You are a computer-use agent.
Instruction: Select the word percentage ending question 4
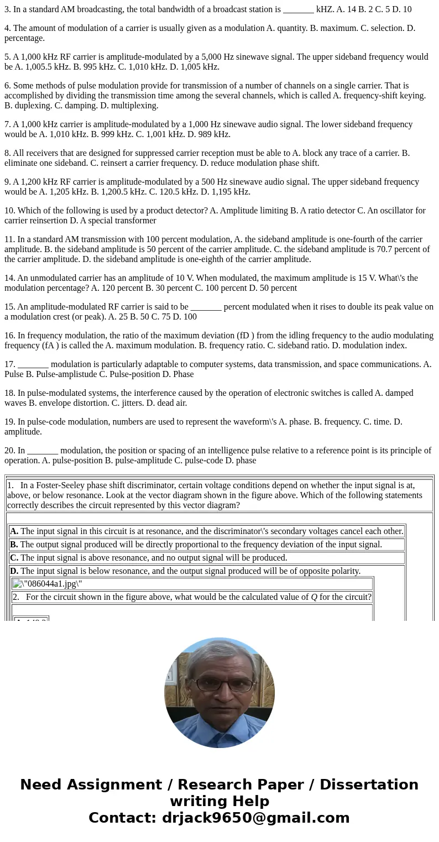tap(24, 38)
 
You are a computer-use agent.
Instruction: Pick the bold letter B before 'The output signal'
tap(14, 545)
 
